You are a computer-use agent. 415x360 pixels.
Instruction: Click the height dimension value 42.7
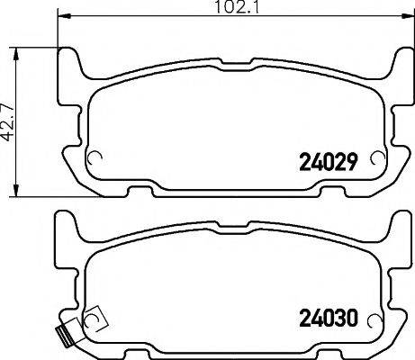9,116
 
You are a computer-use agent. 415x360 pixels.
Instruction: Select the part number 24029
329,162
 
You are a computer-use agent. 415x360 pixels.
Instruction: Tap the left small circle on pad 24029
93,159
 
